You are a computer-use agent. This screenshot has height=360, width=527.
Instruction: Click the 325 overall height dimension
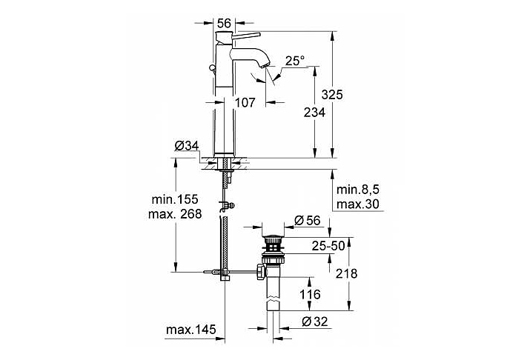[x=332, y=95]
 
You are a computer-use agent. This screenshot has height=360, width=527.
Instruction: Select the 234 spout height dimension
[x=314, y=112]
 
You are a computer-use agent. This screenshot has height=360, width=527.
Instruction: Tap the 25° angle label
[x=295, y=61]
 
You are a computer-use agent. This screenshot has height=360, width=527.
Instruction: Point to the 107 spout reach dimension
[x=245, y=102]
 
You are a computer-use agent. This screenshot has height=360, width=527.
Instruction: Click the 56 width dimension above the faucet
[x=224, y=23]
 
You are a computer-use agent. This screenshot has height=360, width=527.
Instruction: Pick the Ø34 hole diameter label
[x=187, y=146]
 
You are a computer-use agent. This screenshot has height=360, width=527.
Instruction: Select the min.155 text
[x=175, y=199]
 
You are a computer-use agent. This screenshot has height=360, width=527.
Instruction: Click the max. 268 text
[x=175, y=214]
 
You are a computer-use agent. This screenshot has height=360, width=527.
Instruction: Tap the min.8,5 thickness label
[x=357, y=190]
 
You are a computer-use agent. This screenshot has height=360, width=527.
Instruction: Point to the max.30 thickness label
[x=357, y=204]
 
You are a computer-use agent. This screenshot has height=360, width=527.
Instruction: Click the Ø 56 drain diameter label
[x=307, y=220]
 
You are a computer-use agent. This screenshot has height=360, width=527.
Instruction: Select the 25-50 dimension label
[x=328, y=246]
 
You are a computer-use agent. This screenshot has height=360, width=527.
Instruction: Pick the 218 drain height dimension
[x=347, y=273]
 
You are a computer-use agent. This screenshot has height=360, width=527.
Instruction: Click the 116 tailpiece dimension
[x=310, y=295]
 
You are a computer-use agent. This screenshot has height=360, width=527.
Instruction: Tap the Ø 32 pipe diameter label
[x=314, y=321]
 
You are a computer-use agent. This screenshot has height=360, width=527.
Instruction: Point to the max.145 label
[x=191, y=330]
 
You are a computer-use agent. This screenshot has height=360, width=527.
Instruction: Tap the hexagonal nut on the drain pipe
[x=261, y=272]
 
